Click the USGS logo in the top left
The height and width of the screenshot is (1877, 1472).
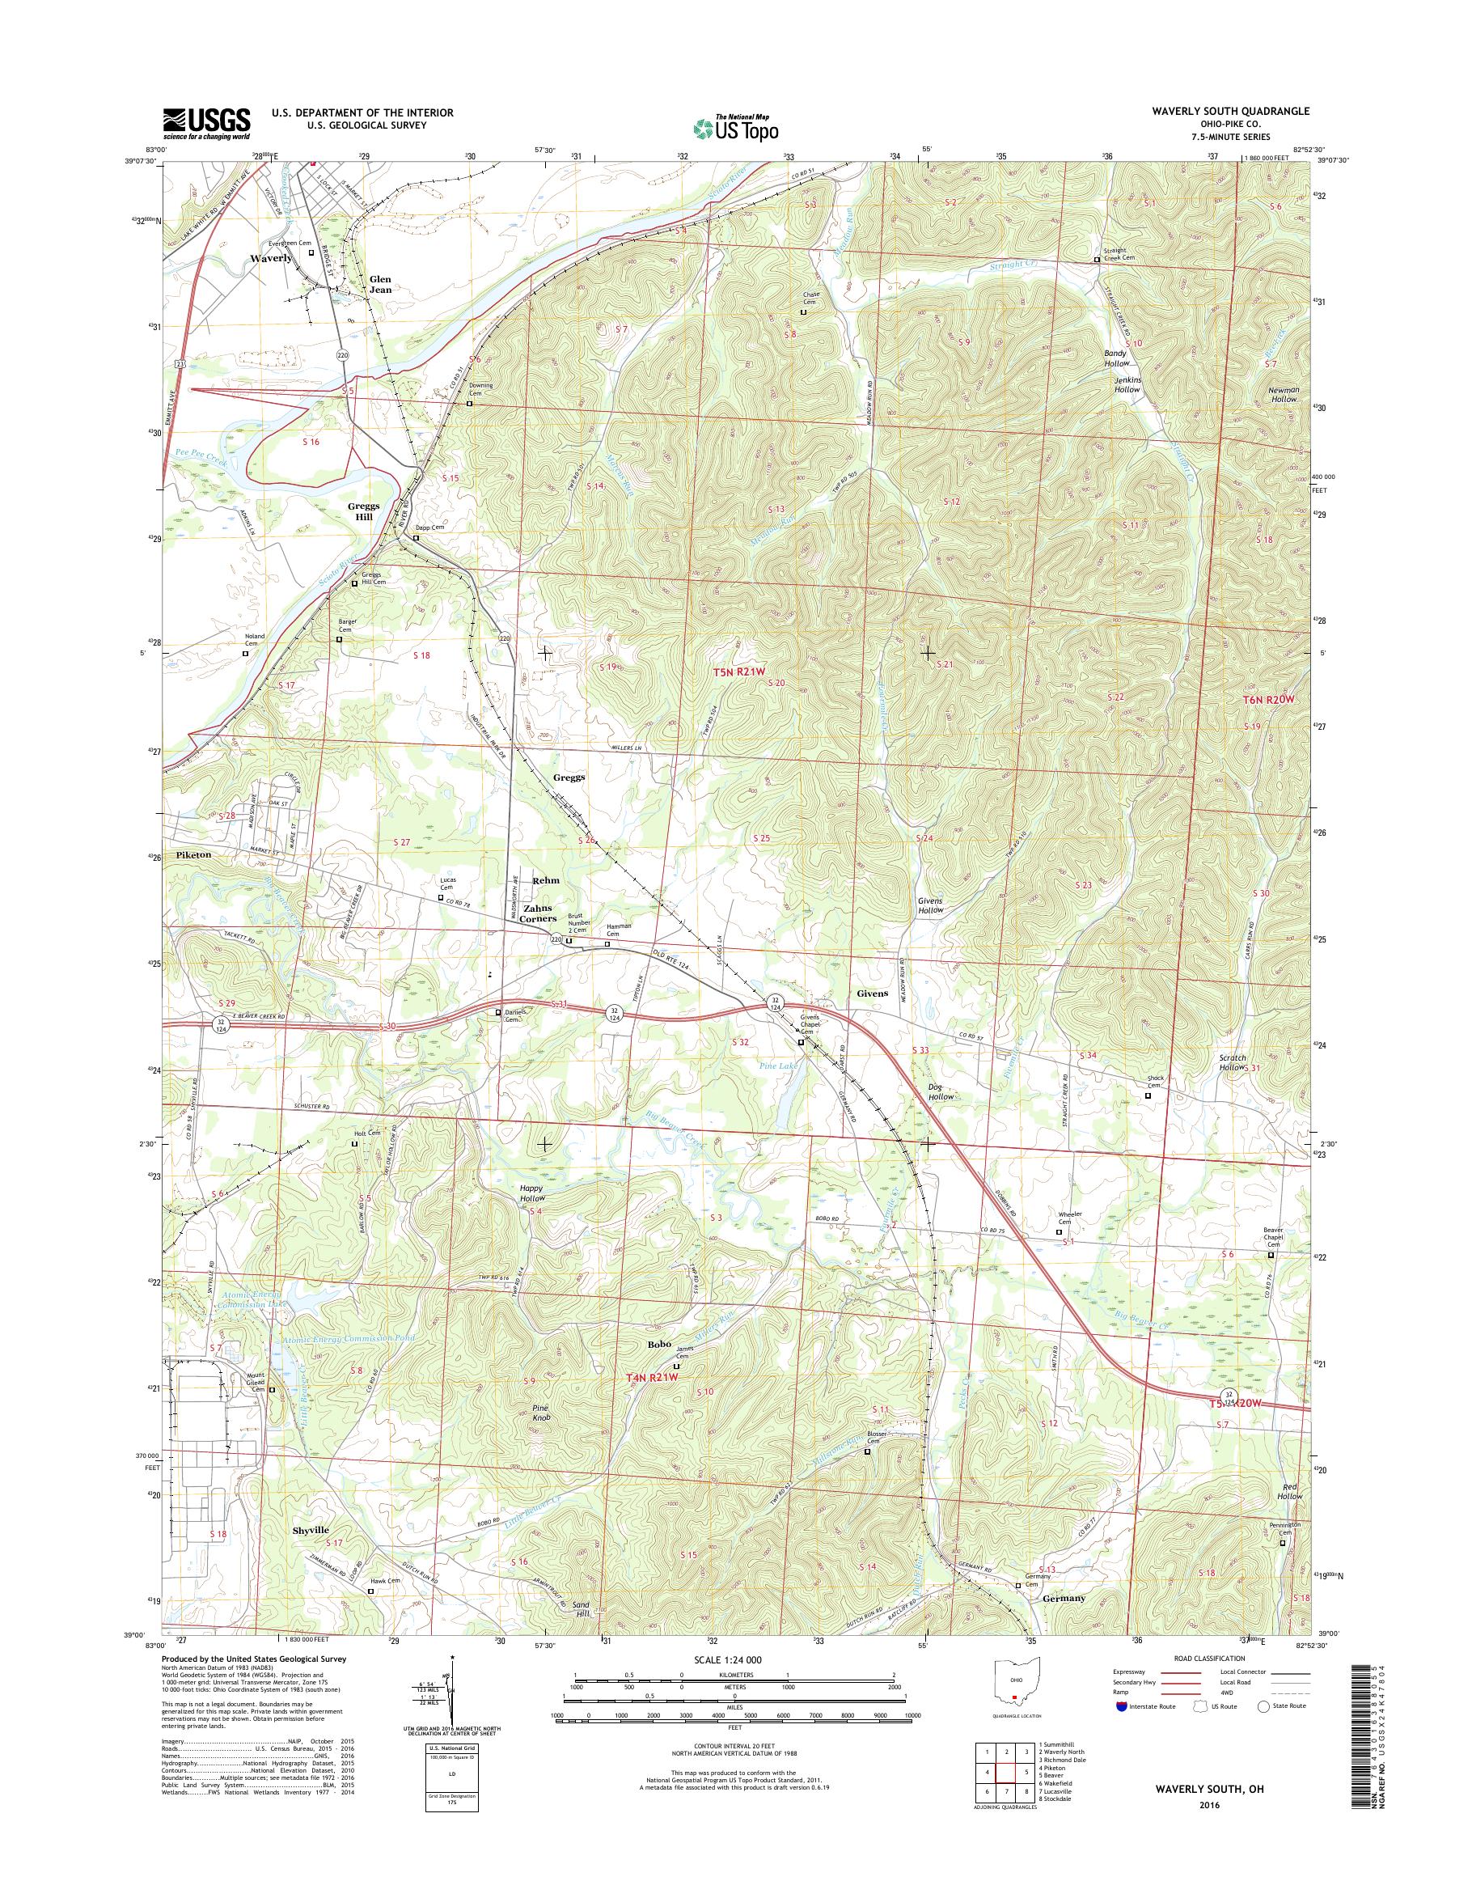tap(206, 123)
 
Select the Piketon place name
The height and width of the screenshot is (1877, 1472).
tap(193, 856)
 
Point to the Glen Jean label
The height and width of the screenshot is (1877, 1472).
tap(380, 285)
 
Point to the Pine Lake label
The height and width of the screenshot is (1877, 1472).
tap(779, 1066)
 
